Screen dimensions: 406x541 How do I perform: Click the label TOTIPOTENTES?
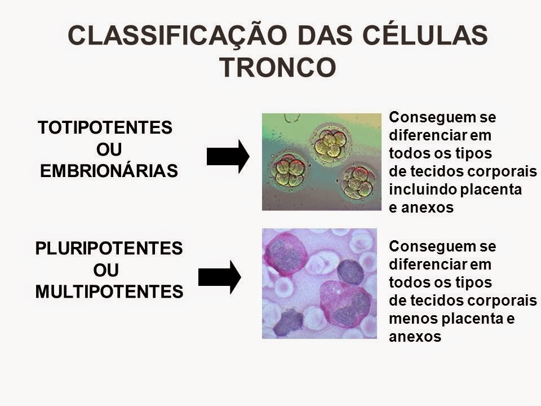(x=104, y=128)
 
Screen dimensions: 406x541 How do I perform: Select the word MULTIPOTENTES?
(x=109, y=292)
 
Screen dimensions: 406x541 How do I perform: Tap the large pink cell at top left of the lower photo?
(x=286, y=254)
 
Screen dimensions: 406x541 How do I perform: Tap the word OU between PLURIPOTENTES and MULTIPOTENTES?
(x=105, y=270)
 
